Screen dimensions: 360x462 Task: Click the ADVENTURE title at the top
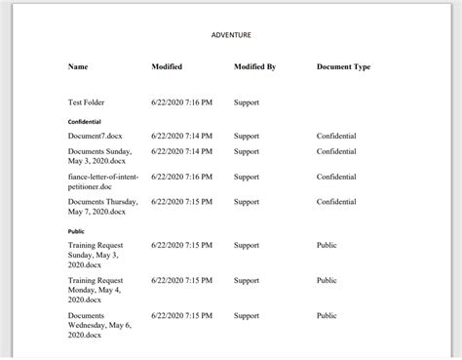[x=231, y=35]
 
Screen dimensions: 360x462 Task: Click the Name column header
[x=78, y=66]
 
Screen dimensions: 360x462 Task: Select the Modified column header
[x=167, y=66]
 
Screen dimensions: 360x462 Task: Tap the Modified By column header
[x=255, y=66]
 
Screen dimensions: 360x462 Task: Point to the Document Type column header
[x=343, y=66]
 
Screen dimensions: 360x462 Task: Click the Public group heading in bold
[x=76, y=231]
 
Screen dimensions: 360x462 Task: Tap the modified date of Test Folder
[x=181, y=101]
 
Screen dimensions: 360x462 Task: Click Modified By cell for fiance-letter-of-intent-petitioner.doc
[x=247, y=177]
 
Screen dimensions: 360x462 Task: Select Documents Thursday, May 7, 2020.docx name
[x=102, y=206]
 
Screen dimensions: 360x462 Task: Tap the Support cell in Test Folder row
[x=247, y=101]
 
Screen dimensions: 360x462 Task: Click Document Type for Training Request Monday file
[x=327, y=280]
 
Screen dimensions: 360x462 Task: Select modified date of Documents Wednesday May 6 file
[x=181, y=316]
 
